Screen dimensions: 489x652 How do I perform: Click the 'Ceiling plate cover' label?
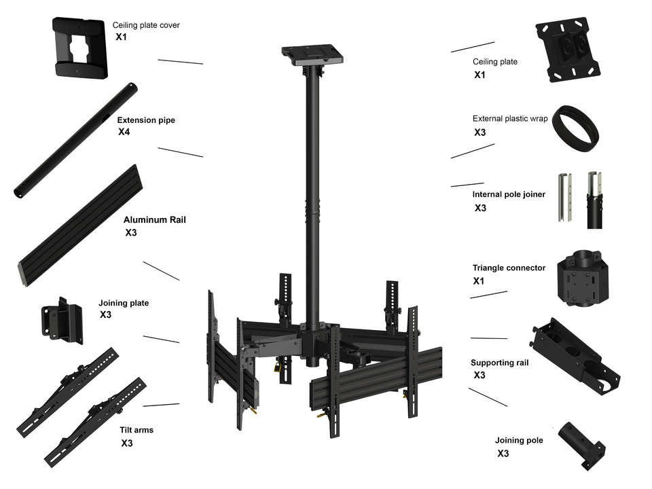[x=146, y=25]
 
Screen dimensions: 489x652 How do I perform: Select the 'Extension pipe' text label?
[x=146, y=120]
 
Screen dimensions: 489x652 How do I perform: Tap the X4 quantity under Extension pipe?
[x=124, y=132]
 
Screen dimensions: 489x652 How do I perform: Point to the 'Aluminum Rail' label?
[x=154, y=220]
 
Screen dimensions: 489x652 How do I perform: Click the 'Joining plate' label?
[x=124, y=303]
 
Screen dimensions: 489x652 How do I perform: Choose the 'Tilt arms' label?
[x=137, y=430]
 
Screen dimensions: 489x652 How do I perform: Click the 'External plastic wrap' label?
[x=510, y=119]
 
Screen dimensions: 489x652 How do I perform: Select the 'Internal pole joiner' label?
[x=509, y=195]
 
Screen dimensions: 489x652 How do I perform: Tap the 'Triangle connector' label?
[x=509, y=268]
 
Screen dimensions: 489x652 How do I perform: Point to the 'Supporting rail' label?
[x=499, y=363]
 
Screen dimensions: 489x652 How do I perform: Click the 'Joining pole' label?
[x=519, y=441]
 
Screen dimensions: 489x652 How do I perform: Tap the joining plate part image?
[x=62, y=319]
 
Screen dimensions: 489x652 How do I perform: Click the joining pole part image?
[x=581, y=444]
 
